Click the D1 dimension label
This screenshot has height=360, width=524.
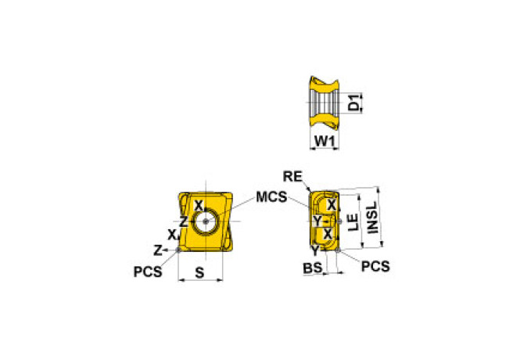click(x=354, y=103)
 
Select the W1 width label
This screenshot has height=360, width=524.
click(x=325, y=142)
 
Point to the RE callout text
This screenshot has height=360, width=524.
click(x=293, y=176)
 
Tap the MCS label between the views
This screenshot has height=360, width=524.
click(x=271, y=197)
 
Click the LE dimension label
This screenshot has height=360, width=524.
click(x=354, y=222)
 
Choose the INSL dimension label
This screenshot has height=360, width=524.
click(x=372, y=218)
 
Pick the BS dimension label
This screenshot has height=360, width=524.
click(x=313, y=268)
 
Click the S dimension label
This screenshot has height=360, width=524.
click(x=199, y=273)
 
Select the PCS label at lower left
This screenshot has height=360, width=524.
click(x=148, y=272)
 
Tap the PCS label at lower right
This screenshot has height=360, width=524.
click(x=375, y=266)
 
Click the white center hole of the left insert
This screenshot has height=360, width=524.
click(x=205, y=221)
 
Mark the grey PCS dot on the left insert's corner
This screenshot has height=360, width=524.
click(x=178, y=250)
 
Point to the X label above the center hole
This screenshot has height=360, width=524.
click(x=199, y=206)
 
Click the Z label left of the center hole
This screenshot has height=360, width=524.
click(x=184, y=221)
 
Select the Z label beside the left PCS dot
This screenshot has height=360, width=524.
click(x=157, y=250)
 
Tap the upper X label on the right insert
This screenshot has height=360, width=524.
click(x=331, y=205)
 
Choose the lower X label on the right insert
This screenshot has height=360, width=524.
click(x=328, y=234)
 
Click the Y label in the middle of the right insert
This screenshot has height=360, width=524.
click(x=318, y=221)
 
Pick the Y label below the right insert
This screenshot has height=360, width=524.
click(x=315, y=250)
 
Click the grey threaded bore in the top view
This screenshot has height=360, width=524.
click(x=325, y=103)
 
